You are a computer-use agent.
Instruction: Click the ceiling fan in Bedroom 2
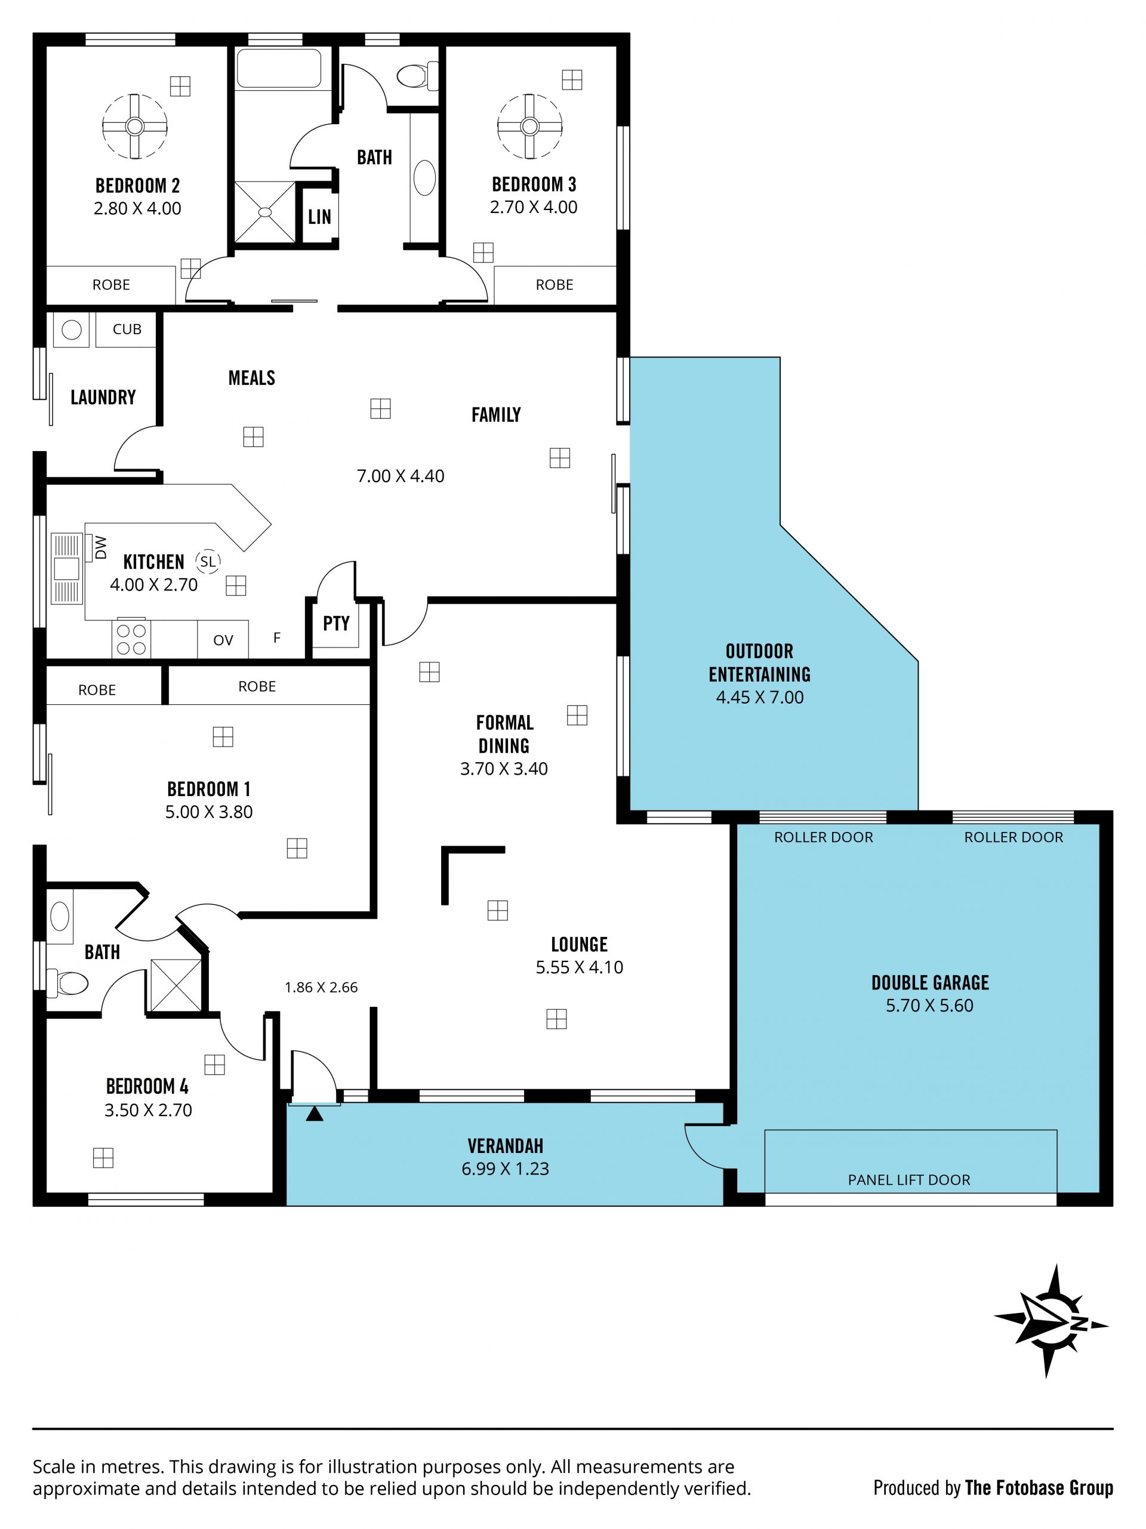(x=135, y=126)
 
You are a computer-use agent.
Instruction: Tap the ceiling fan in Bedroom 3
(x=529, y=126)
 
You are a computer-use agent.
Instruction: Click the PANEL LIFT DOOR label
(x=909, y=1180)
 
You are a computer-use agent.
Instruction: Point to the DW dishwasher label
(x=101, y=547)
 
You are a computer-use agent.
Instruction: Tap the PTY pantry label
(x=336, y=623)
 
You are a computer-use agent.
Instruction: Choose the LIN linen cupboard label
(x=319, y=217)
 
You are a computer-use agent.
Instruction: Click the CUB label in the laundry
(x=127, y=329)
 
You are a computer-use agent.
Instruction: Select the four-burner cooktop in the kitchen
(x=131, y=639)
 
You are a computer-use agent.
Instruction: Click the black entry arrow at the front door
(x=315, y=1113)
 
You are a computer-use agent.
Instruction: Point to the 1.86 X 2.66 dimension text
(x=321, y=987)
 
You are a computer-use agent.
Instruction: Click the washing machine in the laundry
(x=71, y=329)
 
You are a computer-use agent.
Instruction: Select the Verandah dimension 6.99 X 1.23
(x=506, y=1168)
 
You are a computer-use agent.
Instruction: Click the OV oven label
(x=223, y=640)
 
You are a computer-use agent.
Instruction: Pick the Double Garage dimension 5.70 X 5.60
(x=930, y=1005)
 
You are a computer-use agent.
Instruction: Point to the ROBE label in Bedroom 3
(x=554, y=285)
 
